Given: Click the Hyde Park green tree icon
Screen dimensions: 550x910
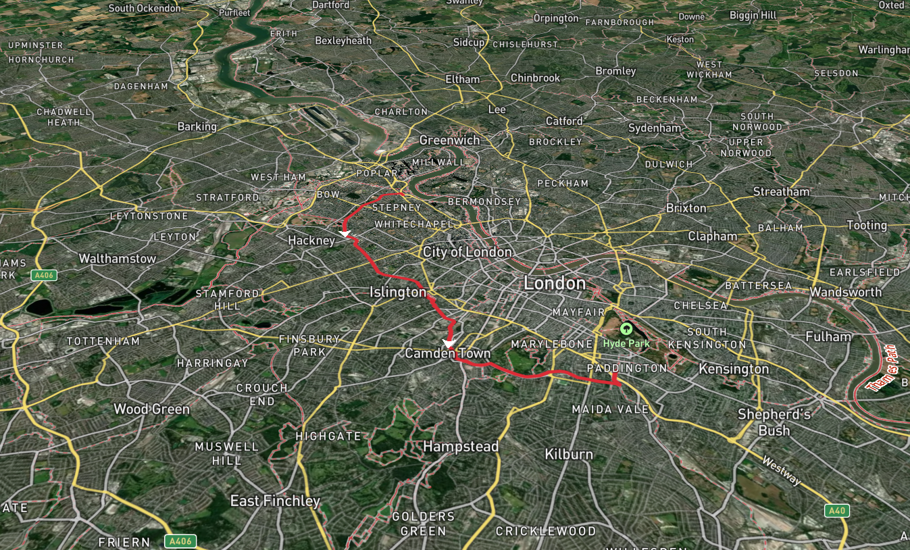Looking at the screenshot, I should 626,330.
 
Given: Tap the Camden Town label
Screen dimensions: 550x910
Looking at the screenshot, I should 447,354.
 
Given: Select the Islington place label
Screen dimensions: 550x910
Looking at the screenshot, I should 398,293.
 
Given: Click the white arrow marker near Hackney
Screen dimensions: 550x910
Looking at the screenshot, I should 345,233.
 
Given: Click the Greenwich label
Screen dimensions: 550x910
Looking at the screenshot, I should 449,141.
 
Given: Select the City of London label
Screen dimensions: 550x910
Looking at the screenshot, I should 467,253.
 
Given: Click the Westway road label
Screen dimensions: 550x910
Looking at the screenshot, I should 781,471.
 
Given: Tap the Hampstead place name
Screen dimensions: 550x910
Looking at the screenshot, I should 461,447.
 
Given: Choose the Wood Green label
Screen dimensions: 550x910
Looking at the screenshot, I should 151,409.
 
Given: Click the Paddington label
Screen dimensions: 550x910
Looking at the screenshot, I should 626,368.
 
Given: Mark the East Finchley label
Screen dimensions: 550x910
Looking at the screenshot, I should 275,501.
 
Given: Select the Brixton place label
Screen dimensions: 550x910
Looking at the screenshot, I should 686,208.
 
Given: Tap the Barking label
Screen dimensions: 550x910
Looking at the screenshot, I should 197,127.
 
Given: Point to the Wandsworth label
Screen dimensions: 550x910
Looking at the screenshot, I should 846,292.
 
